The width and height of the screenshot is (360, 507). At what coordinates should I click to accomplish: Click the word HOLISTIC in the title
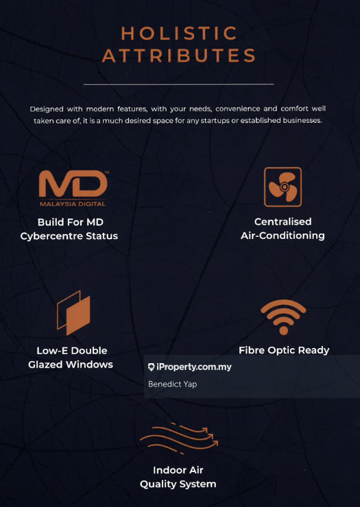tap(180, 34)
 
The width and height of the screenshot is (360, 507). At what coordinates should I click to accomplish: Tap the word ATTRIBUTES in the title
tap(179, 55)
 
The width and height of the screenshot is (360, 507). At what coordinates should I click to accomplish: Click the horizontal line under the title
tap(178, 84)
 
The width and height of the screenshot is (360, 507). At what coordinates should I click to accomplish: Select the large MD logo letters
tap(73, 184)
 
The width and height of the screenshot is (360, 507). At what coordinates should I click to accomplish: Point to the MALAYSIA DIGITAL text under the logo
tap(73, 204)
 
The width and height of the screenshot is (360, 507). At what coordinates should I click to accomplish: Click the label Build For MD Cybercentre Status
tap(69, 230)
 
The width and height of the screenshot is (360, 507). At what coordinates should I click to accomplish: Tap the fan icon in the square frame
tap(283, 187)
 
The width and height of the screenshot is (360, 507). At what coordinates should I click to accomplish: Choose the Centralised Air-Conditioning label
tap(283, 229)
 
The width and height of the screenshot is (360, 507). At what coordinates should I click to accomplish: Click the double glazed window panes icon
tap(74, 312)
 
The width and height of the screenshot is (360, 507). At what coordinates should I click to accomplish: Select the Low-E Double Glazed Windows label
tap(71, 358)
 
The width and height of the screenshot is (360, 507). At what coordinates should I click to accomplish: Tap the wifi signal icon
tap(283, 318)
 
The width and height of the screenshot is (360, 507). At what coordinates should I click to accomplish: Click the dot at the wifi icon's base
tap(284, 330)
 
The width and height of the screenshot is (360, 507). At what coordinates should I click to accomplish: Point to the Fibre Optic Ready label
tap(284, 350)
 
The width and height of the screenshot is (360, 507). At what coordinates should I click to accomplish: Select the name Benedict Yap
tap(172, 384)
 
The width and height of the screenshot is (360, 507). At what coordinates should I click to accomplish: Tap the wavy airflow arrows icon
tap(179, 438)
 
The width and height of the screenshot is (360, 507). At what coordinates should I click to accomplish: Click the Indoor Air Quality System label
tap(178, 477)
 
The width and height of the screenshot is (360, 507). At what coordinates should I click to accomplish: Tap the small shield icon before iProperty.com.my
tap(151, 367)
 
